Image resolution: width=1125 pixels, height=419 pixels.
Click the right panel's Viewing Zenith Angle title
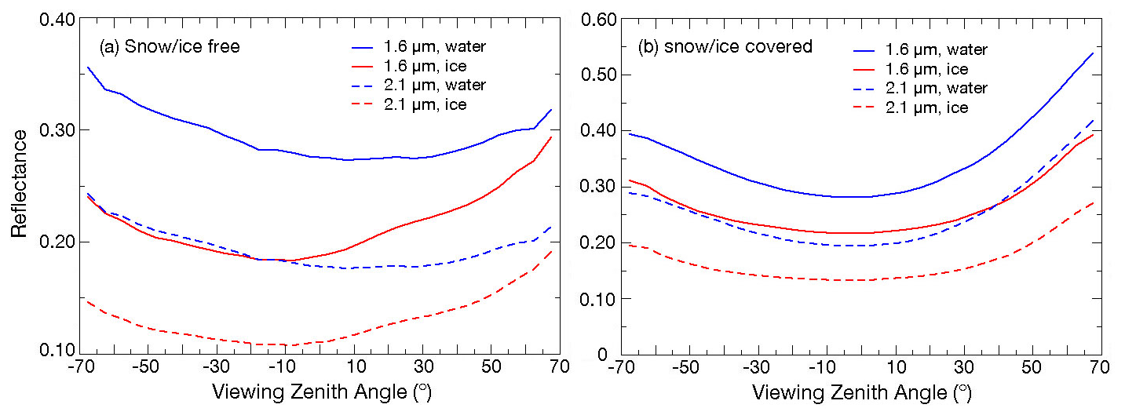[861, 391]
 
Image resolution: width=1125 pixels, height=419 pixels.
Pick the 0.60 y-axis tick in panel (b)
[594, 18]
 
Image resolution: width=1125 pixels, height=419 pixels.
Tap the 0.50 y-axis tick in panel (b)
[594, 75]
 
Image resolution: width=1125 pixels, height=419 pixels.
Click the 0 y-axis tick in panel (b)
[602, 354]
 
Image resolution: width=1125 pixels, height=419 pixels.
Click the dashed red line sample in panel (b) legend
[873, 107]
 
